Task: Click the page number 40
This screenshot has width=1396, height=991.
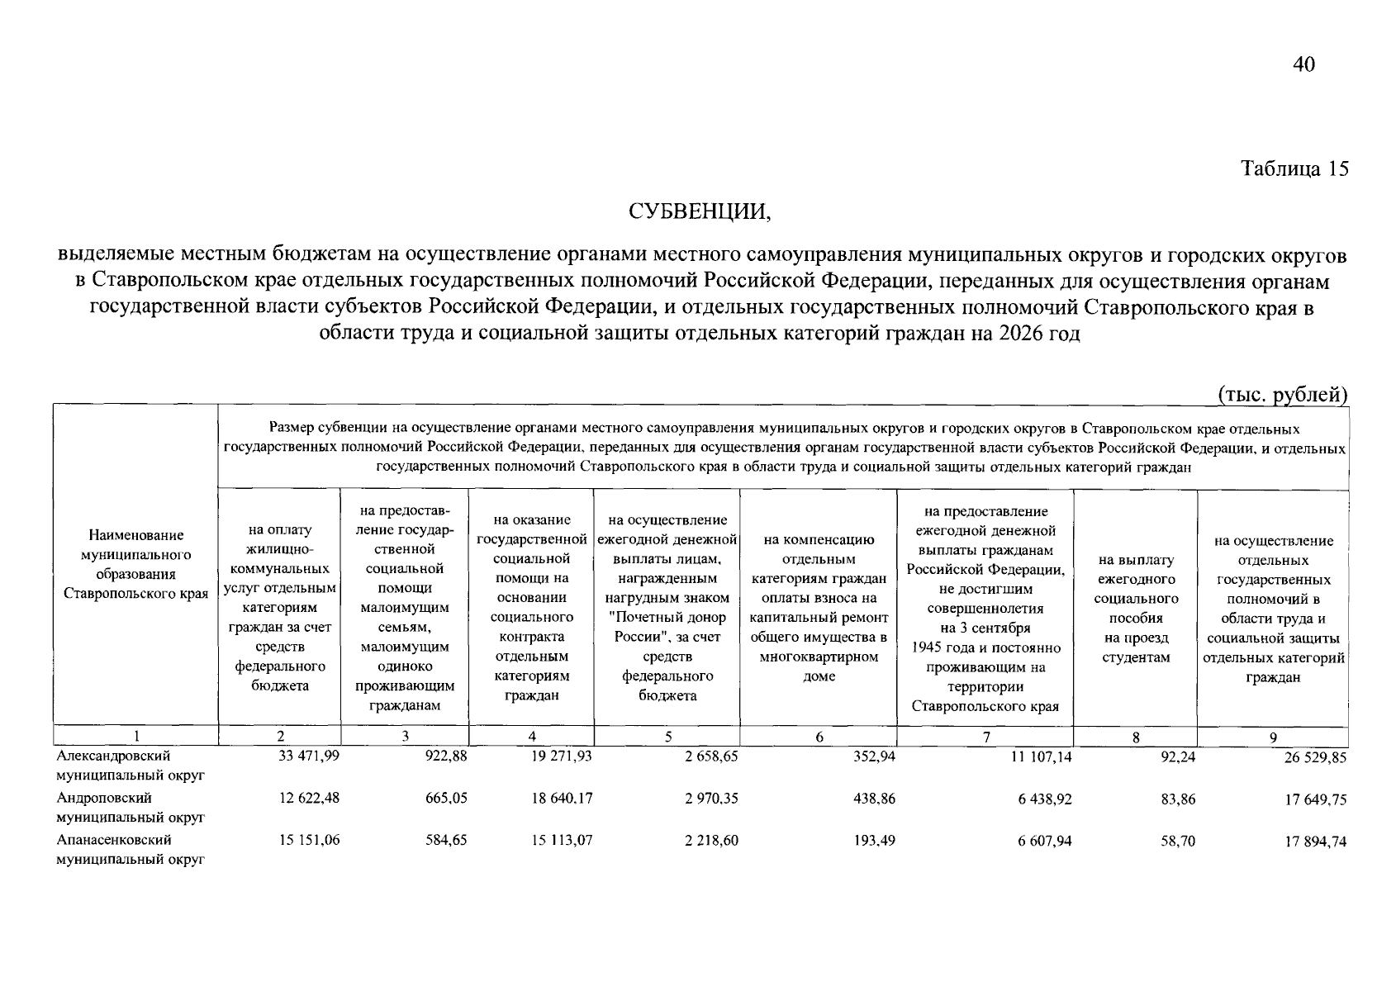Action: coord(1303,65)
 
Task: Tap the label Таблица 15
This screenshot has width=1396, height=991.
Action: coord(1294,169)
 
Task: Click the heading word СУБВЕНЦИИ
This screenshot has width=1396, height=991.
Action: coord(699,212)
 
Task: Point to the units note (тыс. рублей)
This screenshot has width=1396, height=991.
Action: coord(1283,395)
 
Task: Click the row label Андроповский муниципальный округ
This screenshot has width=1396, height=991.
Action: coord(130,808)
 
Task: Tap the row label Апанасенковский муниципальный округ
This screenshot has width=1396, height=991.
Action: coord(130,850)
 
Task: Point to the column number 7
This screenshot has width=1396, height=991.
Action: coord(985,737)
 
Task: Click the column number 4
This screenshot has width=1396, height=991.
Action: coord(532,737)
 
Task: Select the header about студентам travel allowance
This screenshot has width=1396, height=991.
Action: coord(1136,609)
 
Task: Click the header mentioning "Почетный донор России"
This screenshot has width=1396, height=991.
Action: coord(667,608)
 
